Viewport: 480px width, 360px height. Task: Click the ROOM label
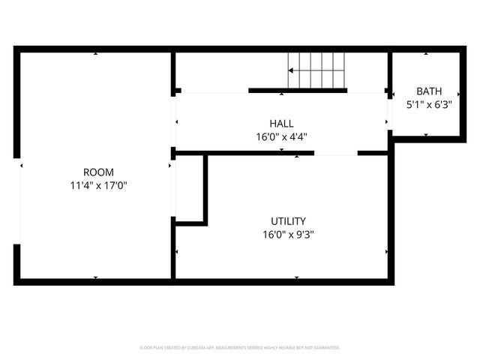tap(98, 172)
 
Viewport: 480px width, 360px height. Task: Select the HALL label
tap(281, 124)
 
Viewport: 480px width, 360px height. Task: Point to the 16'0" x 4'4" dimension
tap(281, 136)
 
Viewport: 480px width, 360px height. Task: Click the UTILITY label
tap(288, 221)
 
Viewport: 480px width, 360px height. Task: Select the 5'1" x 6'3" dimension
tap(429, 105)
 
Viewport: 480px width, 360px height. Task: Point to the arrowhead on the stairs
tap(291, 71)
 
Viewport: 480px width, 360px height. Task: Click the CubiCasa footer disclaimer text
tap(240, 348)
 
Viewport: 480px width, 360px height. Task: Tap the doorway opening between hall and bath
tap(389, 112)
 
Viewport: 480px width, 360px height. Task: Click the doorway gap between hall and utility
tap(335, 153)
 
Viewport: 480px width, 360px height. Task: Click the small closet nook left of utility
tap(189, 188)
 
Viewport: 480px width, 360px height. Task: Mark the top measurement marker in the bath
tap(426, 54)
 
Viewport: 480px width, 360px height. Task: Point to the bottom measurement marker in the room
tap(95, 277)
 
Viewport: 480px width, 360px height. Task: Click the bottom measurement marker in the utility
tap(296, 277)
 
